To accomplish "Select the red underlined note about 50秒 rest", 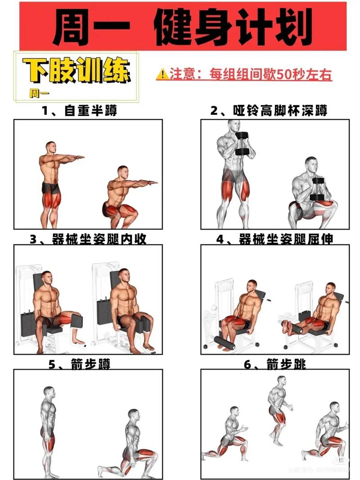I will tap(250, 74).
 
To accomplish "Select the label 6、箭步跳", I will tap(274, 363).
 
